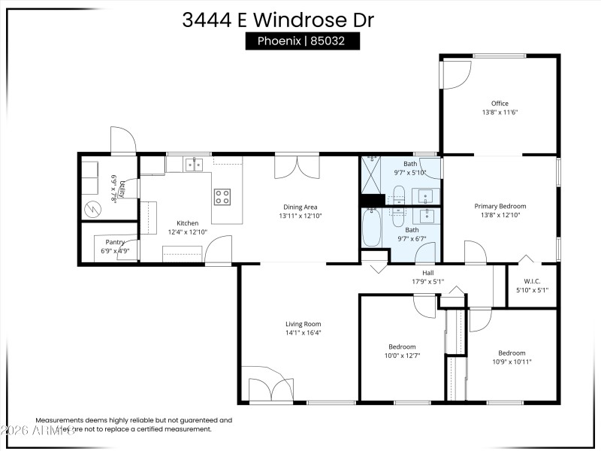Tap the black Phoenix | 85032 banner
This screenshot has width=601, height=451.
303,41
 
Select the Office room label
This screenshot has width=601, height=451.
500,104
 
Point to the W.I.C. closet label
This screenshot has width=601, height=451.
531,281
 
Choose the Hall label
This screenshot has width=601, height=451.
427,274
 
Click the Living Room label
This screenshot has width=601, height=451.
303,324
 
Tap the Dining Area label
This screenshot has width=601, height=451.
300,207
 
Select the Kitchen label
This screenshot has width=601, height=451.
187,223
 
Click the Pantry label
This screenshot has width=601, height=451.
115,242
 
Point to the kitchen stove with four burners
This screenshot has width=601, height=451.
222,197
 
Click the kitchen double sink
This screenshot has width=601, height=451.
194,165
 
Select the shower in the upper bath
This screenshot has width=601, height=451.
370,174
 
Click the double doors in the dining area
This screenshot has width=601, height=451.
296,166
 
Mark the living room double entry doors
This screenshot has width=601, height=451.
271,387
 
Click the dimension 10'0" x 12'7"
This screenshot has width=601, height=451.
402,356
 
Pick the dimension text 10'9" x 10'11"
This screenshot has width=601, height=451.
512,361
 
